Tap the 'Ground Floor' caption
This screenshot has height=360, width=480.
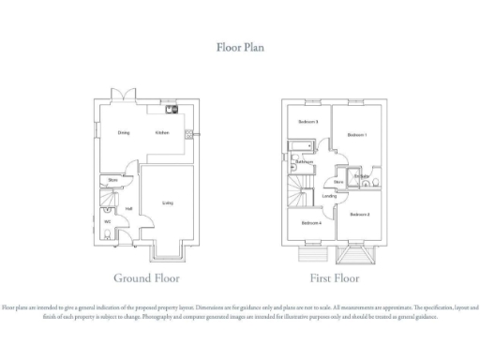146,278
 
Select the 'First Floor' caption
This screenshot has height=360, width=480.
335,278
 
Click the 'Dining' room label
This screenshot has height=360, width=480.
124,133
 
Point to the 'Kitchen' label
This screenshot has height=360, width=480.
161,133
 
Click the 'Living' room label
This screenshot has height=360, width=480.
168,202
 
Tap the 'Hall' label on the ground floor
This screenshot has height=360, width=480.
128,208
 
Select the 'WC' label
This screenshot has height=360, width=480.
108,221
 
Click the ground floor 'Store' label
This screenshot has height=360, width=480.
112,179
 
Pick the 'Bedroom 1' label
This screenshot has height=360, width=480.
357,135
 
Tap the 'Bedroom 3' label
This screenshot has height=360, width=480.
309,122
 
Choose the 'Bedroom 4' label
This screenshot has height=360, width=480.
311,222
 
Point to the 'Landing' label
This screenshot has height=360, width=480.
330,196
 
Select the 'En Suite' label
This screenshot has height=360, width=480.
362,176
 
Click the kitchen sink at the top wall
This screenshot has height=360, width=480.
172,108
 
